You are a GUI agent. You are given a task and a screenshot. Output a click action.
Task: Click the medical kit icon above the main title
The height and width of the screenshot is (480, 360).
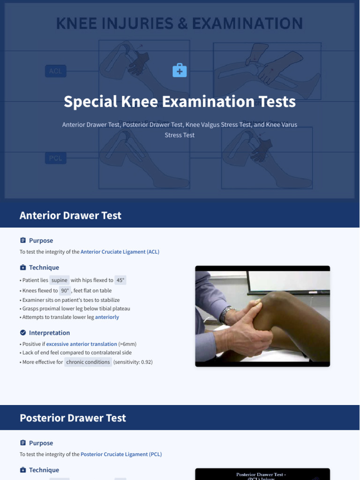tap(180, 71)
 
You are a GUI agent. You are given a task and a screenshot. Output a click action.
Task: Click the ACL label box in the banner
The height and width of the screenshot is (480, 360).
tap(56, 71)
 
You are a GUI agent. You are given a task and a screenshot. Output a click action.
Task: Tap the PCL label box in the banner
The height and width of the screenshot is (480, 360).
tap(56, 158)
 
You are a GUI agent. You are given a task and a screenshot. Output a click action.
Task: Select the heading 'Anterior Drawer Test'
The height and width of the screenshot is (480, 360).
tap(70, 216)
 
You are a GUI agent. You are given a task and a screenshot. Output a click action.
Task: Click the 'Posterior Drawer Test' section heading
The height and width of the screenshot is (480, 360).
tap(73, 418)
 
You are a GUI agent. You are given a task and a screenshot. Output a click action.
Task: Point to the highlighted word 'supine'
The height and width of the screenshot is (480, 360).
tap(60, 280)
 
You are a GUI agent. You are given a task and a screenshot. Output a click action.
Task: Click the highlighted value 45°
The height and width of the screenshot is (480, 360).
tap(120, 280)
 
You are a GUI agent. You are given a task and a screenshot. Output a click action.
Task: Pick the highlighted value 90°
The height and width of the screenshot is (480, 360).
tap(65, 291)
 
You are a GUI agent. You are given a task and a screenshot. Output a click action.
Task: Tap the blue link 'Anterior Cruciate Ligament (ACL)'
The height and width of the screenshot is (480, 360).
tap(120, 252)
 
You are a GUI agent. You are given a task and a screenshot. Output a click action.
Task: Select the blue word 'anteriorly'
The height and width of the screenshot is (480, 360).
tap(107, 317)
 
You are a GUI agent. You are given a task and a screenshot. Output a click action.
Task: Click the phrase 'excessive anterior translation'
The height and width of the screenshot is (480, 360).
tap(82, 344)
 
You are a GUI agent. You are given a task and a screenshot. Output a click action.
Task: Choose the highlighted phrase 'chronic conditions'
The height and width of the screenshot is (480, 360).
tap(88, 362)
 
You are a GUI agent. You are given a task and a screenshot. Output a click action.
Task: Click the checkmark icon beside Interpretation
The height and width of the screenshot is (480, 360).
tap(23, 333)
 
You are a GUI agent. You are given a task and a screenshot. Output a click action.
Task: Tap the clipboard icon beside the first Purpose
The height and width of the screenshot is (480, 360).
tap(23, 240)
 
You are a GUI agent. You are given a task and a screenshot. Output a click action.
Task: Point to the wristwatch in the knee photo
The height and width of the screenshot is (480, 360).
tap(227, 313)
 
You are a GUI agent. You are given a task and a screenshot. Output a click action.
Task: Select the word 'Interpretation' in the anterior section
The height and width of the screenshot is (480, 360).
tap(49, 333)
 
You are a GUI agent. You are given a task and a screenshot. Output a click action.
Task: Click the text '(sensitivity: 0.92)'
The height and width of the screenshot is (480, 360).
tap(133, 362)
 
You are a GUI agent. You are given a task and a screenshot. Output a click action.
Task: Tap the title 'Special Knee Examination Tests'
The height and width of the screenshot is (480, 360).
tap(180, 102)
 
